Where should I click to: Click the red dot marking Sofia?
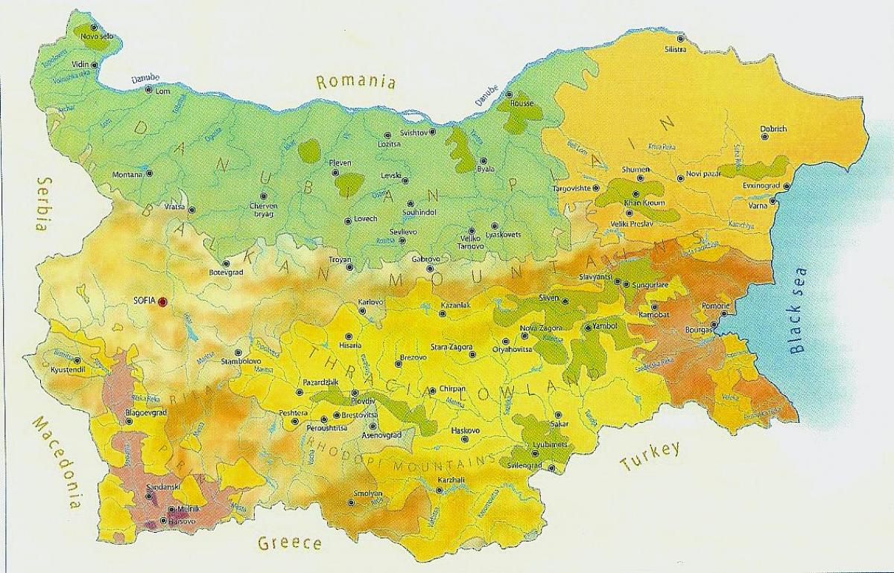coord(162,301)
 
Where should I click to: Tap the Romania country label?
coord(356,82)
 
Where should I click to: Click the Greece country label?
coord(290,542)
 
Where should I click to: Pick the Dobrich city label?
coord(773,129)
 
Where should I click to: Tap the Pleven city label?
coord(340,163)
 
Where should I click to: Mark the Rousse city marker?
coord(509,95)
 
